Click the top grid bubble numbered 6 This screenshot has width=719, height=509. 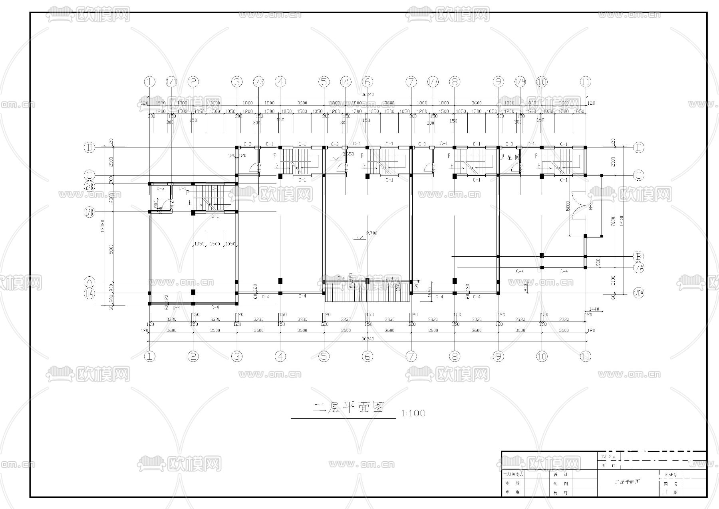pos(367,82)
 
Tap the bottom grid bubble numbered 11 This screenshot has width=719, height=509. pos(585,356)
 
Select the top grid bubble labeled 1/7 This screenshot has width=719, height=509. pos(433,82)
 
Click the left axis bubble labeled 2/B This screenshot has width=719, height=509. pos(89,186)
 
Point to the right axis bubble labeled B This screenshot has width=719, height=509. pos(639,256)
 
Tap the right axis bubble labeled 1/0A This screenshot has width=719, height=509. pos(639,293)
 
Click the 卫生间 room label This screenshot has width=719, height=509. pos(509,158)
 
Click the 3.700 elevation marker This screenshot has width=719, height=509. pos(370,234)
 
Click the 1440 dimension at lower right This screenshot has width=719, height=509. pos(594,309)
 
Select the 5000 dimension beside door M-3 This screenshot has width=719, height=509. pos(567,206)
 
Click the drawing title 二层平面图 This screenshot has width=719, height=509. pos(349,408)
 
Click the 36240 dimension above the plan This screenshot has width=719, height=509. pos(367,95)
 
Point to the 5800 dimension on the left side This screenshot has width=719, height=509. pos(111,249)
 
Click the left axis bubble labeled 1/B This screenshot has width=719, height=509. pos(89,212)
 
